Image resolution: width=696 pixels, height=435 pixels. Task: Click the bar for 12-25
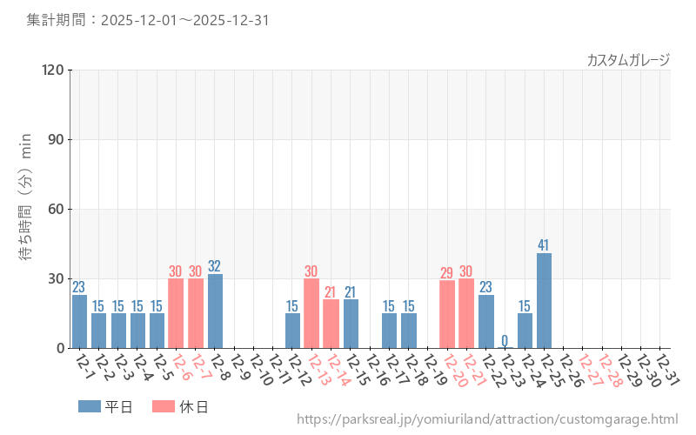[x=544, y=300]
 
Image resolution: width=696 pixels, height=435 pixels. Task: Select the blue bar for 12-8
[x=215, y=311]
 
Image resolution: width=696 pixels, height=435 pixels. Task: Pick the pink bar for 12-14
[x=331, y=324]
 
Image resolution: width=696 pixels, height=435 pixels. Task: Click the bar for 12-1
[x=79, y=321]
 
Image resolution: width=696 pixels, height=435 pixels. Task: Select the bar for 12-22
[x=485, y=321]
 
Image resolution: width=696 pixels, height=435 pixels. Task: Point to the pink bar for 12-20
[x=447, y=314]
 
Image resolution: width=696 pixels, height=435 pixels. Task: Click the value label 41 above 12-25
[x=544, y=244]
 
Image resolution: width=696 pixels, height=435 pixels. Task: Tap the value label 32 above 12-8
[x=215, y=265]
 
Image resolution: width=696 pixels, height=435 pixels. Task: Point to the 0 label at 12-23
[x=505, y=339]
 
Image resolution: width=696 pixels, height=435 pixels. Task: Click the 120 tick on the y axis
[x=52, y=70]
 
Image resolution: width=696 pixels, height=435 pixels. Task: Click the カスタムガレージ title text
[x=628, y=60]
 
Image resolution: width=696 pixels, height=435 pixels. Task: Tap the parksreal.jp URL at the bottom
[x=487, y=419]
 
